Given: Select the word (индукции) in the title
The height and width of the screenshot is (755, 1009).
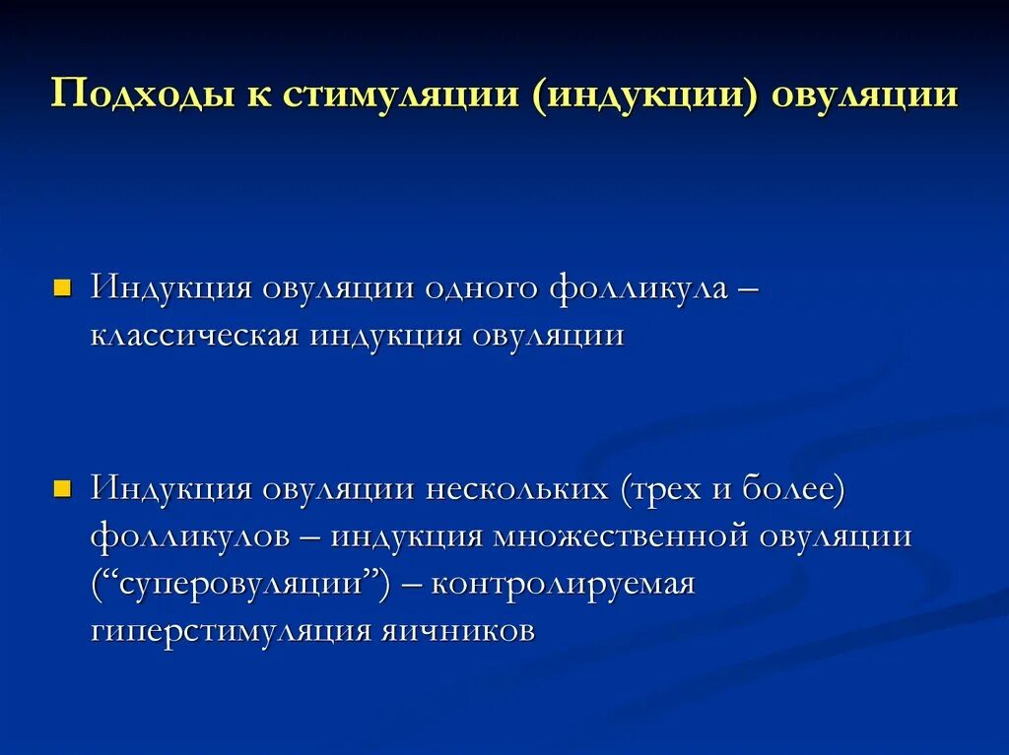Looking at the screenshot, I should (645, 95).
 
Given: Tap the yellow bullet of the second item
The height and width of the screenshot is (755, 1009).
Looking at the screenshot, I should (62, 489).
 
